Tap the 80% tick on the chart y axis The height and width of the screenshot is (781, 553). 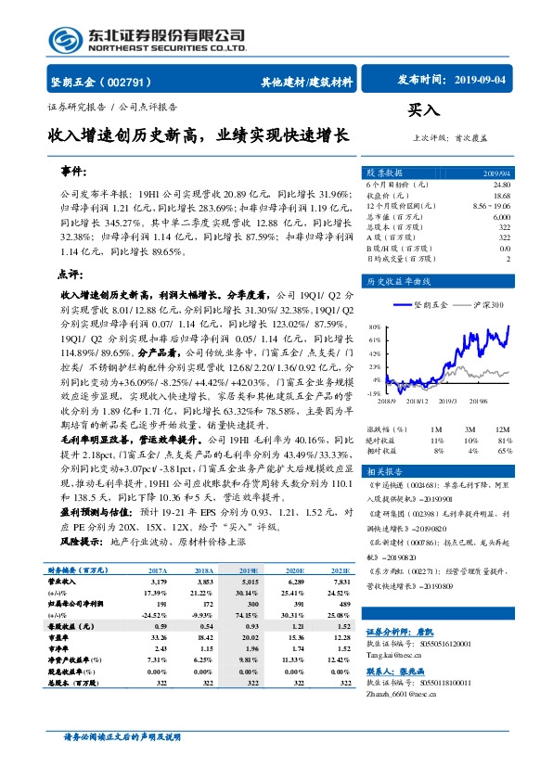point(374,327)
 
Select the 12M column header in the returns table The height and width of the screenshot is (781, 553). point(501,429)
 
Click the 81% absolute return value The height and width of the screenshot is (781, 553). point(503,440)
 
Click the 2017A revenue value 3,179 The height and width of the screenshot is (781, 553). point(158,583)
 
